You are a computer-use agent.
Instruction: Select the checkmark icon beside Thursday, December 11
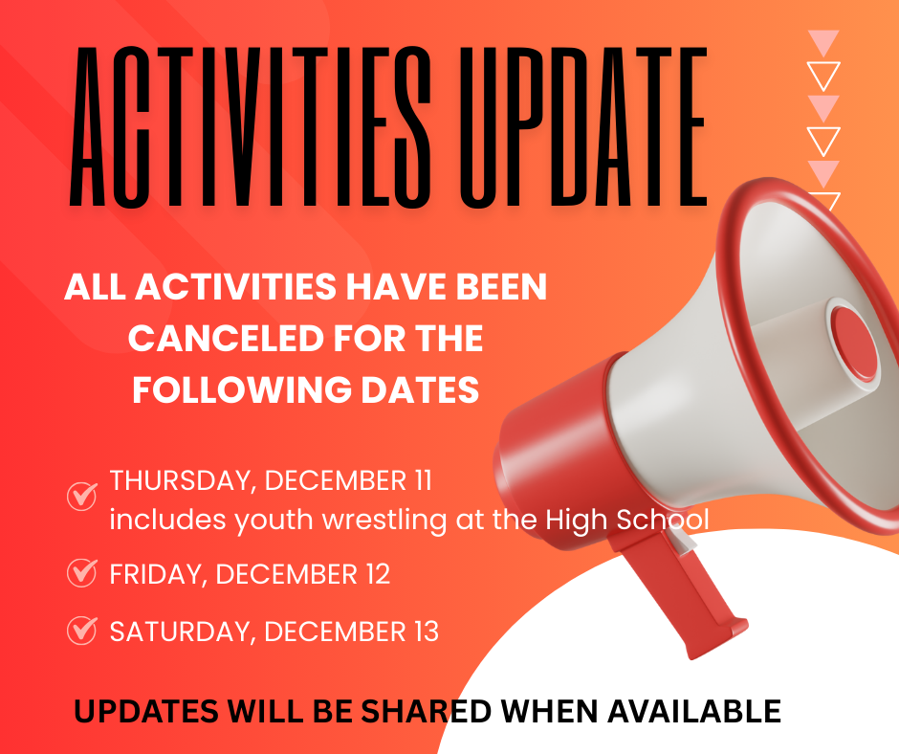[x=82, y=495]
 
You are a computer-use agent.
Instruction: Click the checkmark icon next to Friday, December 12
[x=82, y=572]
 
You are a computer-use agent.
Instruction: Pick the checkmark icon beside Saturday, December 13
[x=82, y=631]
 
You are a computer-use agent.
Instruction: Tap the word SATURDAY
[x=181, y=632]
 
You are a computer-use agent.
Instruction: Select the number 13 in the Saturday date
[x=422, y=632]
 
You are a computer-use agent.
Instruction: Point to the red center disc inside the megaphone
[x=854, y=342]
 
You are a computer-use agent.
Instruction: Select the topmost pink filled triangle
[x=822, y=41]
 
